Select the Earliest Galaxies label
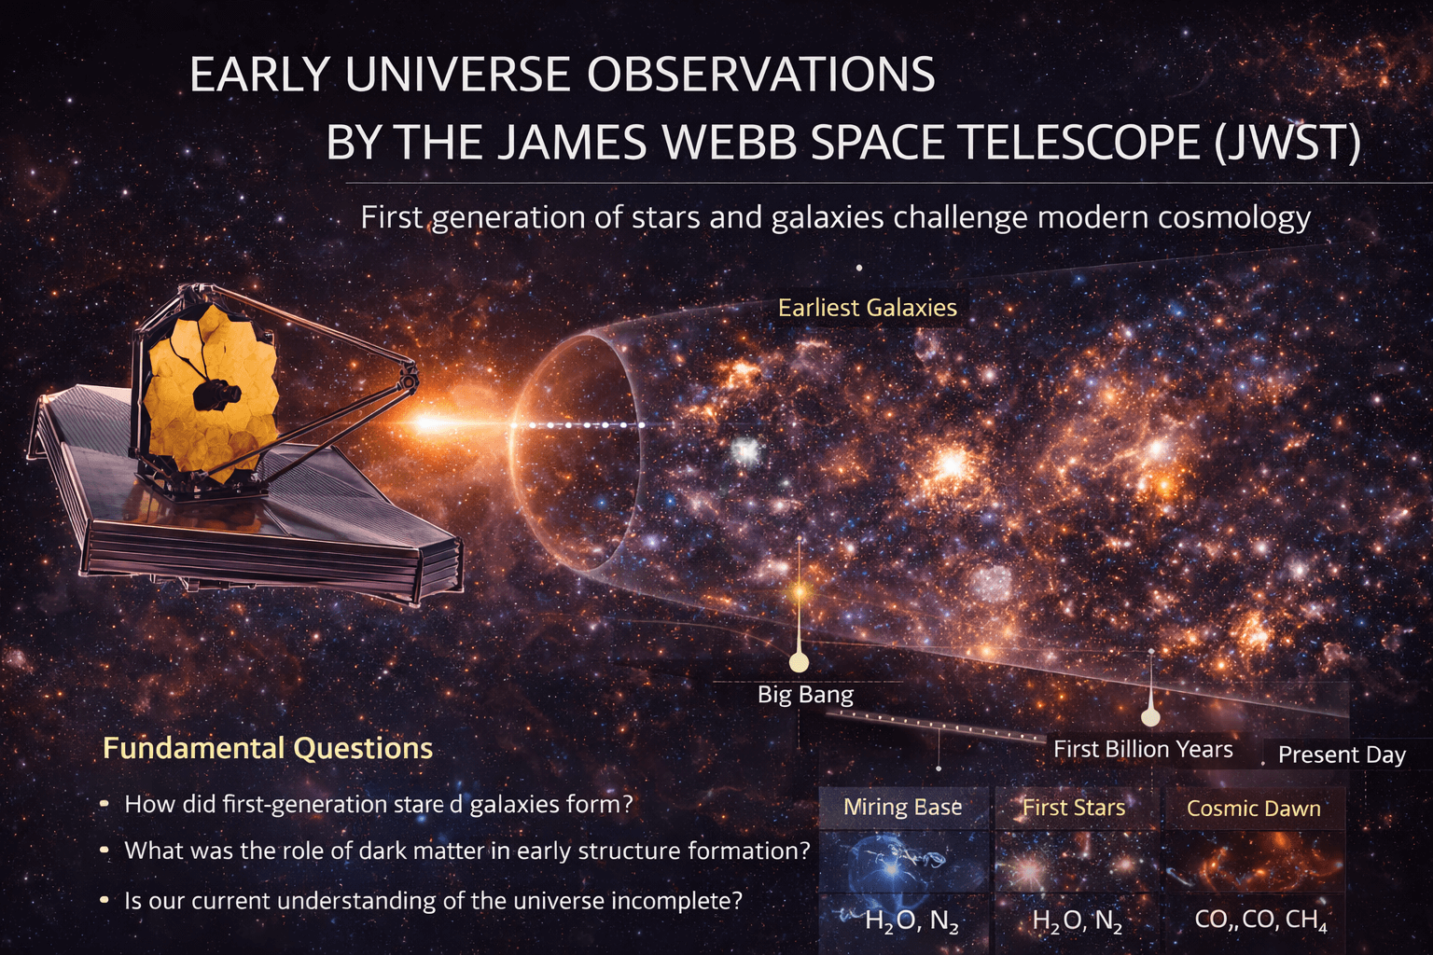pos(868,308)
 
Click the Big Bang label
pos(805,695)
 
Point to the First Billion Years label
pos(1143,749)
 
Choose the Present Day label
pos(1342,754)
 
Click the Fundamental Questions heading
pos(268,748)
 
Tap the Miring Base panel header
pos(902,808)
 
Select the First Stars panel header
pos(1074,808)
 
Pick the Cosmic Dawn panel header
pos(1253,809)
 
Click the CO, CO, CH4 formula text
pos(1260,920)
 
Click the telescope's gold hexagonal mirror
pos(210,392)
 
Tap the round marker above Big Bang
pos(799,662)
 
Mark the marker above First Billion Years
pos(1150,716)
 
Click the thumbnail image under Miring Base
pos(902,863)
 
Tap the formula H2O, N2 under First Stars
pos(1077,921)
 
